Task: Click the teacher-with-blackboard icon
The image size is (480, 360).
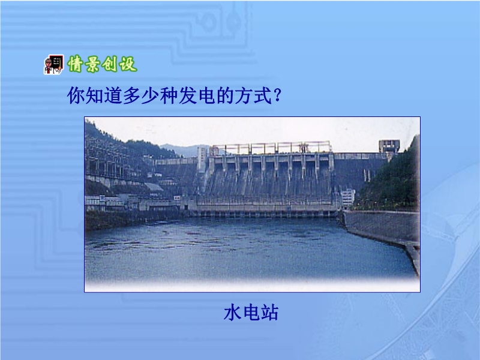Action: tap(53, 65)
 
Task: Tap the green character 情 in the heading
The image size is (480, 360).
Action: tap(76, 64)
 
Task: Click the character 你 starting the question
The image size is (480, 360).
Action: tap(76, 95)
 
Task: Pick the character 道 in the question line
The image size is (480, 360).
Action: tap(113, 95)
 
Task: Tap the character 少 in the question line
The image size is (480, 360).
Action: tap(151, 95)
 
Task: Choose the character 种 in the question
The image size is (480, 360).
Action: tap(169, 95)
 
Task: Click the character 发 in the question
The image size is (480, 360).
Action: tap(188, 95)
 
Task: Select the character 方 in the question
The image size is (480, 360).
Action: tap(244, 95)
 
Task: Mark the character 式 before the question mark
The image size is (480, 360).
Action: tap(262, 95)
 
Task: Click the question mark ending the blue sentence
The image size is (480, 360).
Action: tap(278, 95)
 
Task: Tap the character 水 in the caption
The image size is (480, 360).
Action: tap(233, 313)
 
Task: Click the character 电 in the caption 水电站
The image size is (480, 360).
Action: tap(251, 313)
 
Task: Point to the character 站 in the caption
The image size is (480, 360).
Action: tap(269, 313)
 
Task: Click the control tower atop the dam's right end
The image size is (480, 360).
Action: tap(389, 146)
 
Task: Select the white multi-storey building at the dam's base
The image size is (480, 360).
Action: tap(348, 198)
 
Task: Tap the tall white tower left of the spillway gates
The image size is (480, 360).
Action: tap(202, 158)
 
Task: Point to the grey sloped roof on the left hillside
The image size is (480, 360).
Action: tap(154, 187)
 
